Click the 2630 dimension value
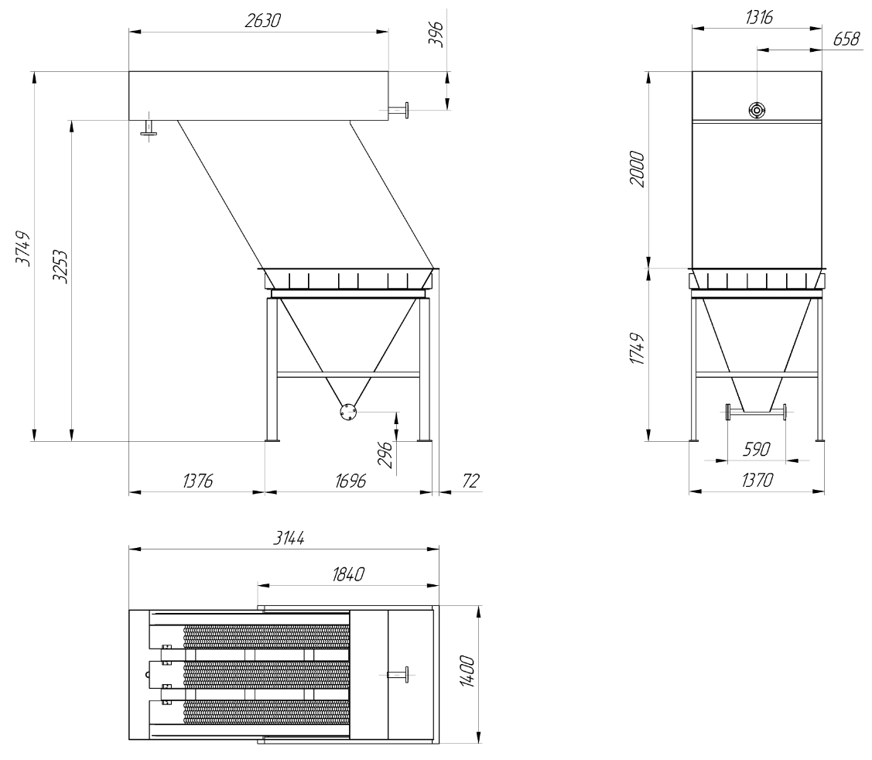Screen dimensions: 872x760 (x=262, y=21)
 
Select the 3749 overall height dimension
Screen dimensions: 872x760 (x=22, y=248)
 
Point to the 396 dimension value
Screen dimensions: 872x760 (x=437, y=35)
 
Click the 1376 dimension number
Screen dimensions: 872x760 (x=198, y=480)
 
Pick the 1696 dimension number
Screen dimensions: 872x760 (x=351, y=480)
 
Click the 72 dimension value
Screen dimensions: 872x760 (x=470, y=480)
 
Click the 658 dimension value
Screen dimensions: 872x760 (x=847, y=39)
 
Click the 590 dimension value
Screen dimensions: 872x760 (x=757, y=449)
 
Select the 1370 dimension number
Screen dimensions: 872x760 (x=757, y=480)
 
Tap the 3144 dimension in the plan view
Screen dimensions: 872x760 (x=289, y=537)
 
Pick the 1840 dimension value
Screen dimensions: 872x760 (x=348, y=573)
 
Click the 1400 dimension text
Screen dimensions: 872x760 (x=467, y=672)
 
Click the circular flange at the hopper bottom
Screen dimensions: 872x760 (x=348, y=413)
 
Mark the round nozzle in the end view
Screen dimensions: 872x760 (x=757, y=110)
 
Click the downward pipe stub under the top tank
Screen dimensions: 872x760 (x=149, y=128)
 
